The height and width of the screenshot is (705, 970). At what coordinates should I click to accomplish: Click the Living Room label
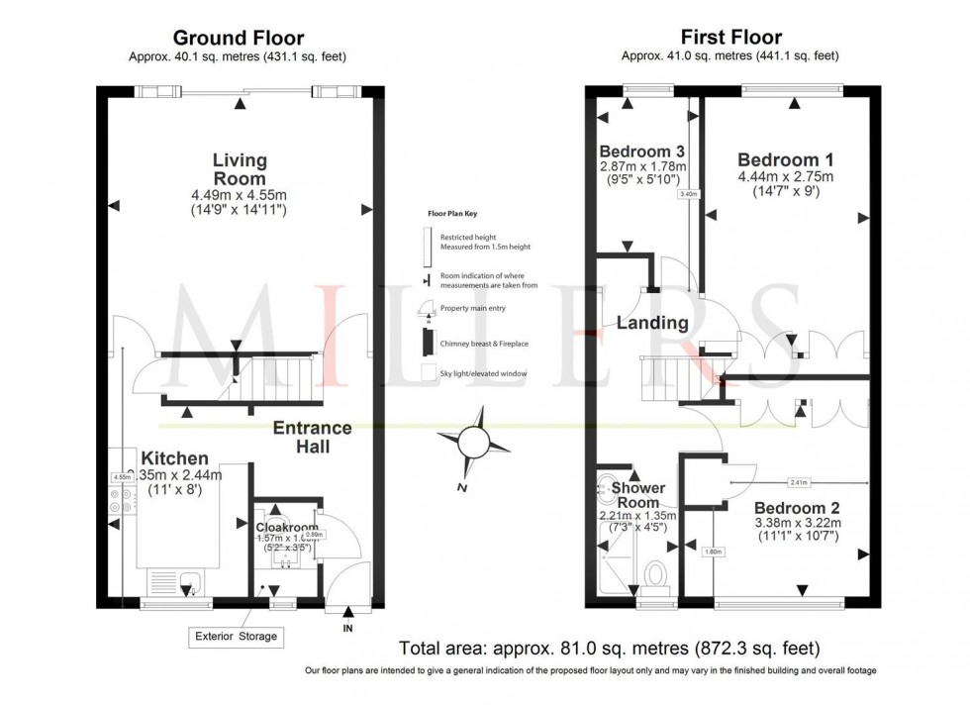coord(240,169)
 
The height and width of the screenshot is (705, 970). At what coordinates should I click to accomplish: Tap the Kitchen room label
coord(174,458)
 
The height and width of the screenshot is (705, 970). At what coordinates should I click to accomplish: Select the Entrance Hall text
coord(313,437)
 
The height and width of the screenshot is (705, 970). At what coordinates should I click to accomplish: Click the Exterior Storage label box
coord(236,636)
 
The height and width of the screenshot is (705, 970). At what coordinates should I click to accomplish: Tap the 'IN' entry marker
coord(346,629)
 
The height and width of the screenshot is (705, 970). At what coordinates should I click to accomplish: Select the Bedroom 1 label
coord(785,159)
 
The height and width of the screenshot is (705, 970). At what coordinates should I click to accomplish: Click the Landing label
coord(652,323)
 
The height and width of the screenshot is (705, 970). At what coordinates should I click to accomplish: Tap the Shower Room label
coord(638,495)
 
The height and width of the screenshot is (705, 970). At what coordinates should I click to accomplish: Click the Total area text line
coord(609,650)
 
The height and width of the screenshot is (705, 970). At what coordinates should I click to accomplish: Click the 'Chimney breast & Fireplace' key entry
coord(483,343)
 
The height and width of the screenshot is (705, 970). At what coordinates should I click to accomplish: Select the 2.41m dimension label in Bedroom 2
coord(798,482)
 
